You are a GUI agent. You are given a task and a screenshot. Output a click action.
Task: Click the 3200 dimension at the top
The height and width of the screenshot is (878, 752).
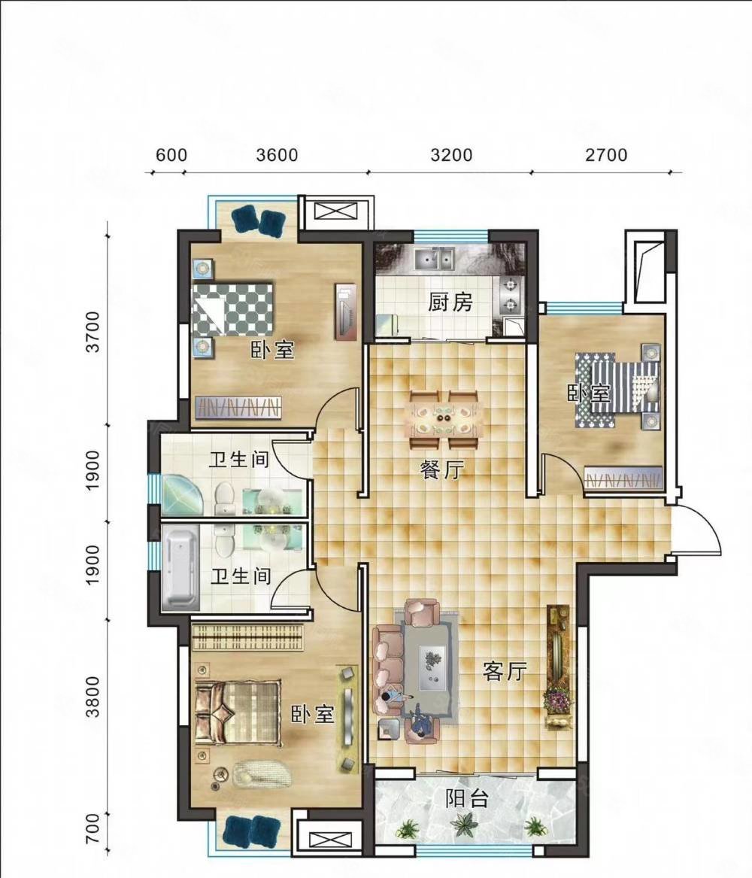coord(451,154)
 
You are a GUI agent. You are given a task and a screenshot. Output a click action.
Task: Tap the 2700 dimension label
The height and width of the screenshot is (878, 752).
coord(607,154)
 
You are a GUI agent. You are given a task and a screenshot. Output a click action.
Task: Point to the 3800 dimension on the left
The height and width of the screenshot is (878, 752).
coord(93,697)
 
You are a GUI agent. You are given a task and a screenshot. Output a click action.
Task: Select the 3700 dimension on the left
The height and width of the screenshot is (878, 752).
coord(93,332)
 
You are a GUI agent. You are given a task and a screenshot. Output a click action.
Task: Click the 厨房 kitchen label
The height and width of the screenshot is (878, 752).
coord(450,303)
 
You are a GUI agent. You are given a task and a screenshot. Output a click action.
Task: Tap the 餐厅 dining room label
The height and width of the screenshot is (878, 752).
coord(442,470)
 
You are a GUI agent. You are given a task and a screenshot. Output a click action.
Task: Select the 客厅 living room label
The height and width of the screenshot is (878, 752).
coord(505,671)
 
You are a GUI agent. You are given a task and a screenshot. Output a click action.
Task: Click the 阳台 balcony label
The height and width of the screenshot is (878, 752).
coord(468,798)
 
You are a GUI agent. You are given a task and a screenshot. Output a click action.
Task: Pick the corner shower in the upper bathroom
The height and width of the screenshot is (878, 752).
coord(183,496)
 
